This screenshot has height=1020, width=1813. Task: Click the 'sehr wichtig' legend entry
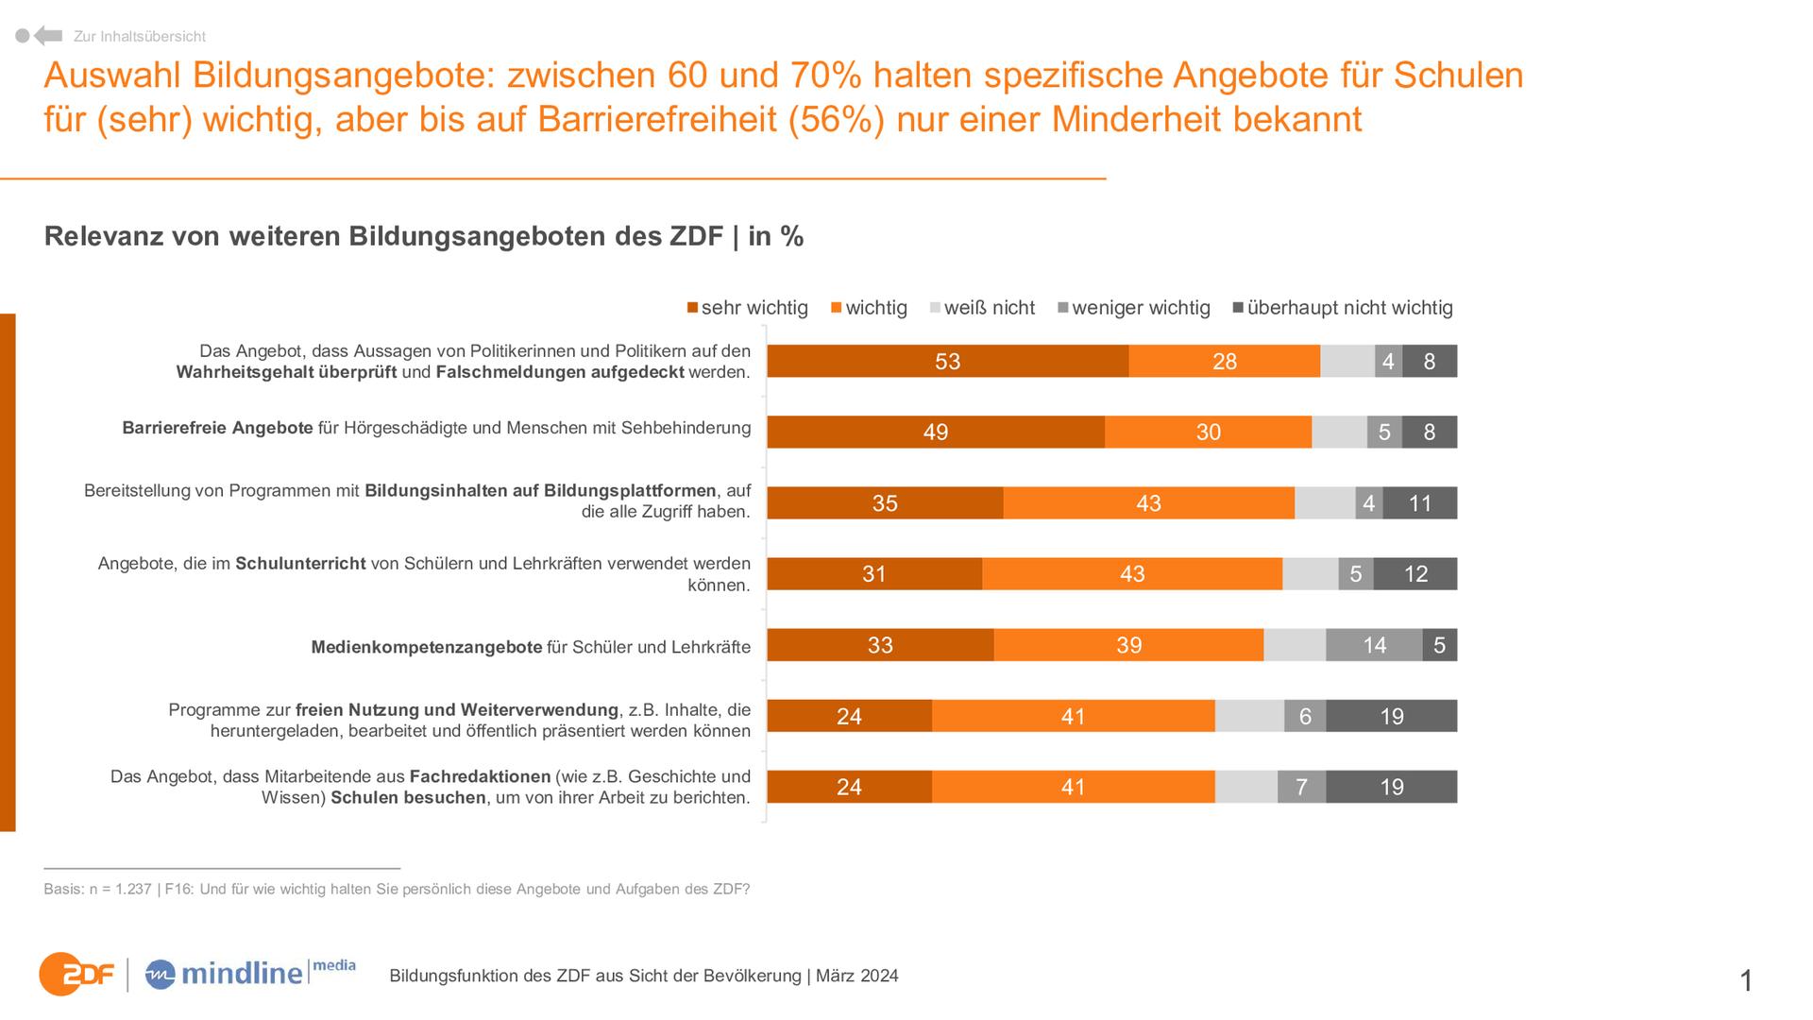pos(748,308)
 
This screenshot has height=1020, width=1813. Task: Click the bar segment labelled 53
pos(947,362)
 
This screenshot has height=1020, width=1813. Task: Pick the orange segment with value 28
pos(1224,362)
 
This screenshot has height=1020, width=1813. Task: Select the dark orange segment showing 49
pos(935,433)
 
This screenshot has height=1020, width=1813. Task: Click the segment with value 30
pos(1208,433)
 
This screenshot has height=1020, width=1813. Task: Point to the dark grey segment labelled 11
pos(1420,503)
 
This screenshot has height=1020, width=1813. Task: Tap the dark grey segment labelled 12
pos(1415,574)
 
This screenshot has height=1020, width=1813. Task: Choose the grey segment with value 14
pos(1374,645)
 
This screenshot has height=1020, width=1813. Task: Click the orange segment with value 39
pos(1128,645)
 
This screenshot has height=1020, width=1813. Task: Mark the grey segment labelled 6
pos(1305,716)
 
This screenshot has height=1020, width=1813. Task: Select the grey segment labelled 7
pos(1301,787)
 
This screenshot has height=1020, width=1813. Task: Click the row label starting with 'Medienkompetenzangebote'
pos(531,648)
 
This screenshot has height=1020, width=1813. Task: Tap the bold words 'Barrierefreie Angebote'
pos(217,428)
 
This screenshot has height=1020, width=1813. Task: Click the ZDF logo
pos(76,974)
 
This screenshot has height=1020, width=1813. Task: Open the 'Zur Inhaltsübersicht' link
pos(139,37)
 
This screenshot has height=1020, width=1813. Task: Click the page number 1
pos(1746,981)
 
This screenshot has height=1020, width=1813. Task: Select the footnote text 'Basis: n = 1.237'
pos(97,890)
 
